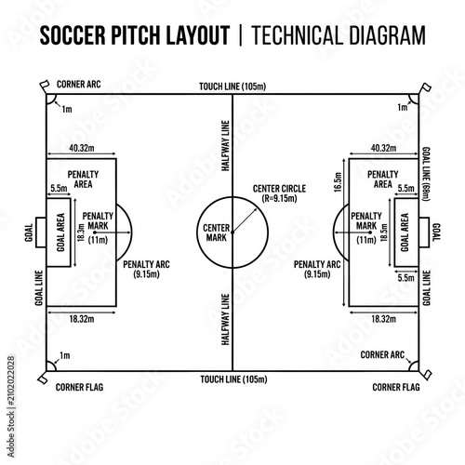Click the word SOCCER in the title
[73, 35]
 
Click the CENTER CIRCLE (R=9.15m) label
[279, 193]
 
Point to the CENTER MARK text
[216, 232]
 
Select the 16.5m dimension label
[338, 182]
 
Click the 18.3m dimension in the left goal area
[81, 232]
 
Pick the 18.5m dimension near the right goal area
[384, 232]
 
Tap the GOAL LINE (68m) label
[427, 174]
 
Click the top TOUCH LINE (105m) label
[232, 86]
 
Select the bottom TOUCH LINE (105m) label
[233, 379]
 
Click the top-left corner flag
[45, 86]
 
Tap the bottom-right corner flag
[426, 376]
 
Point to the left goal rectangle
[41, 232]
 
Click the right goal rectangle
[424, 232]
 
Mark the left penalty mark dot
[95, 232]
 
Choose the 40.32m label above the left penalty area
[82, 148]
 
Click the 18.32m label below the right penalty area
[384, 319]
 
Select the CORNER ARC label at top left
[79, 85]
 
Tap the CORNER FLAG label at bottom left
[79, 387]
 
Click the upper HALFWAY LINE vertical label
[225, 146]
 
